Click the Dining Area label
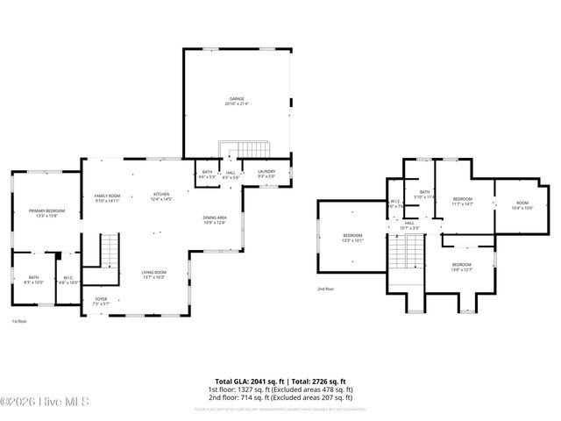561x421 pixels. [x=215, y=219]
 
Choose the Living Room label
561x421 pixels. [x=154, y=275]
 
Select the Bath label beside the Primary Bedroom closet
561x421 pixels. [x=33, y=280]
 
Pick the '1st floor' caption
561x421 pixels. [x=20, y=322]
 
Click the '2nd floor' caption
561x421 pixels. [x=326, y=289]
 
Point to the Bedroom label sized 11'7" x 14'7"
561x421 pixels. [x=462, y=202]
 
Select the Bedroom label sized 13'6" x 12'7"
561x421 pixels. [x=461, y=267]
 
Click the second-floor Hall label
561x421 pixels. [x=409, y=225]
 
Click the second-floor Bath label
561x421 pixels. [x=424, y=194]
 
